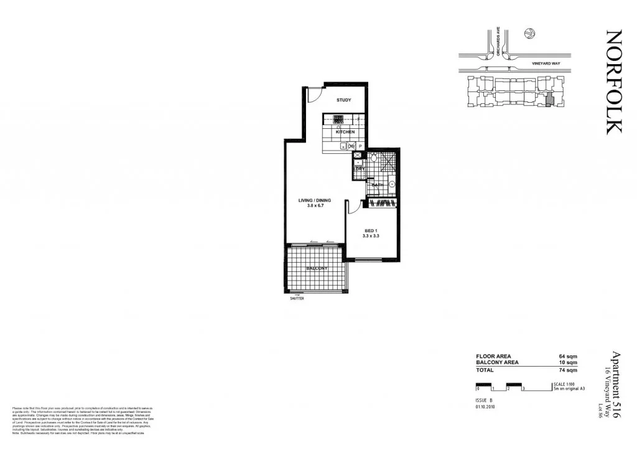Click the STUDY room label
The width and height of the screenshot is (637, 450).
tap(344, 100)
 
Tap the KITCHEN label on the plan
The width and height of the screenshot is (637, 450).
tap(345, 132)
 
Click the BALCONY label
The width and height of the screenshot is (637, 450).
tap(317, 268)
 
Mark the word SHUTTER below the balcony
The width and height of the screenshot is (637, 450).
tap(297, 299)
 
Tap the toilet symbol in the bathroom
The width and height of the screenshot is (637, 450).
tap(373, 159)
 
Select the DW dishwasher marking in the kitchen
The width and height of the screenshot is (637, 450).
tap(351, 146)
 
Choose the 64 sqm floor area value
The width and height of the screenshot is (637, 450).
tap(569, 357)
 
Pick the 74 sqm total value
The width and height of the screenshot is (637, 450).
tap(569, 370)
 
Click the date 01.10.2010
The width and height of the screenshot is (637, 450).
tap(485, 407)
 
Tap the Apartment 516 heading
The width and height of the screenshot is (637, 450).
tap(616, 387)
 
